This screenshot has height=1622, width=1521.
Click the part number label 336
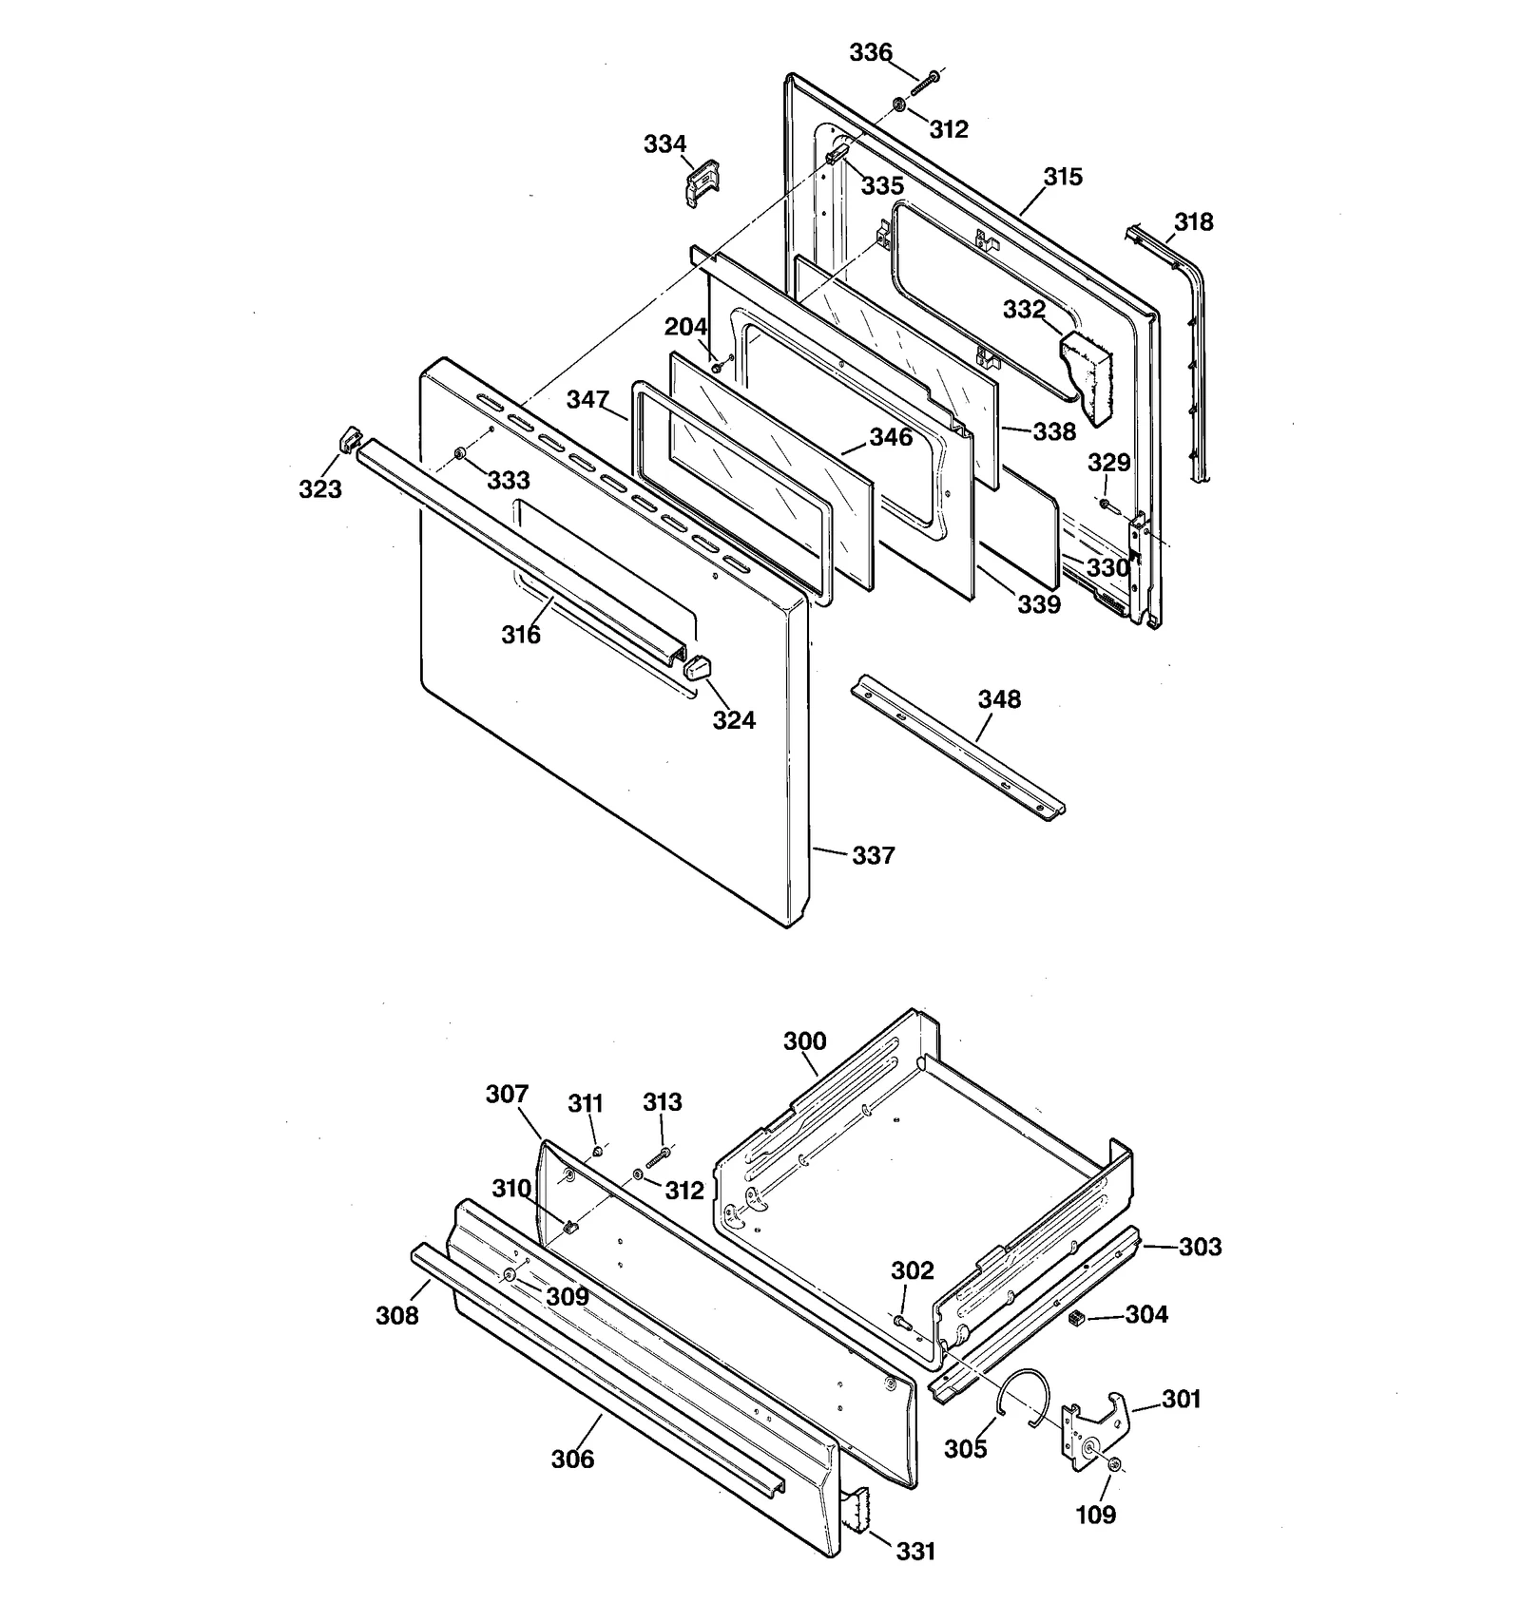pos(870,52)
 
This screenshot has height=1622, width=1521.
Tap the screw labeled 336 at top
pos(924,83)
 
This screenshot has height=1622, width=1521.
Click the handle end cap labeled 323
pos(349,441)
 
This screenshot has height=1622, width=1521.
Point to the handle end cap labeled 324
pos(697,667)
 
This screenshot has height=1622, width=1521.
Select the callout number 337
pos(873,855)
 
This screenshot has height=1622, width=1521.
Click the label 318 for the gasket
pos(1193,221)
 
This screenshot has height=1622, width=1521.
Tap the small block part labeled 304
pos(1076,1318)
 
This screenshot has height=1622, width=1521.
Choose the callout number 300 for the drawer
pos(804,1040)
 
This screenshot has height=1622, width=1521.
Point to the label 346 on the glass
pos(890,437)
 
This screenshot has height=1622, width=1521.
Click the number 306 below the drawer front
pos(572,1459)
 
